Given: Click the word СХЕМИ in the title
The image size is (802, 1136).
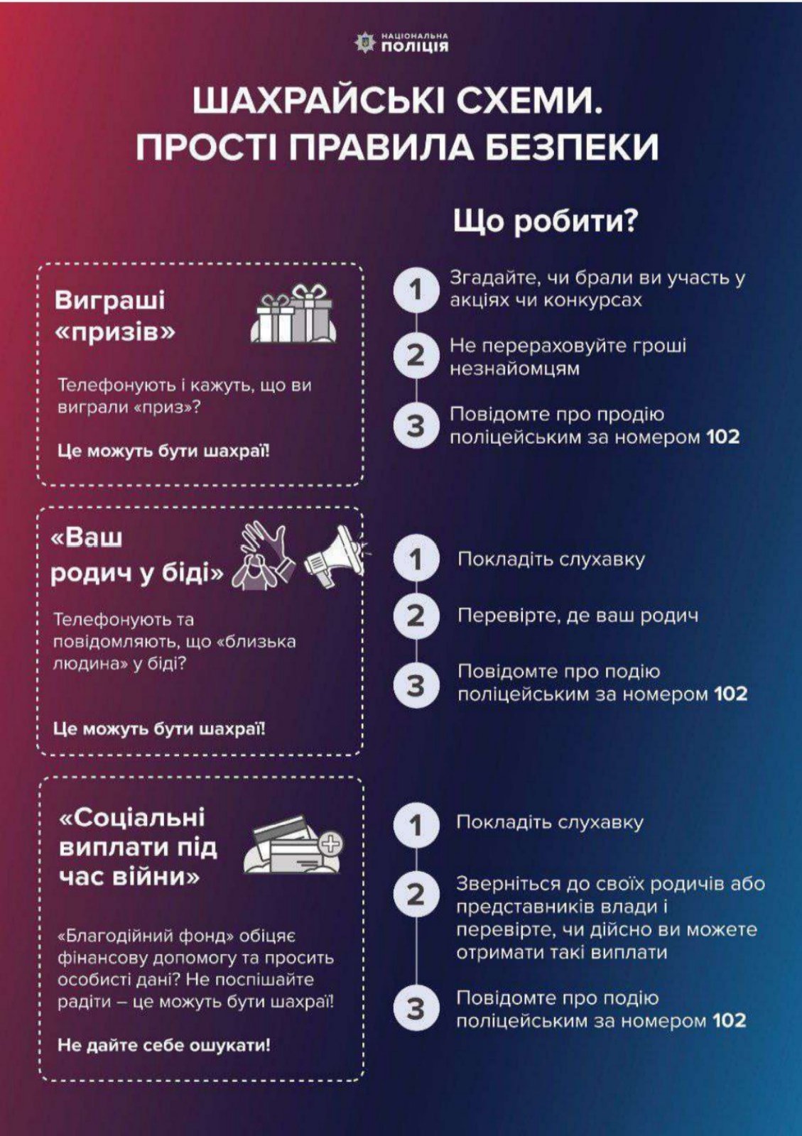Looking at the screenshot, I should tap(529, 101).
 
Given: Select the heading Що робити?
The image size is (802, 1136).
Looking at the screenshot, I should tap(545, 222).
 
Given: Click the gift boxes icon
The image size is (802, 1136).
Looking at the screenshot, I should tap(293, 315).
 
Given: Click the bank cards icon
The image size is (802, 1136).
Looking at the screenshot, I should tap(292, 845).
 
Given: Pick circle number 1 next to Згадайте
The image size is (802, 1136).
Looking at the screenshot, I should tap(416, 289).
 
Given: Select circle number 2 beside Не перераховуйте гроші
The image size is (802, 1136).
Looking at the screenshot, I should tap(416, 355).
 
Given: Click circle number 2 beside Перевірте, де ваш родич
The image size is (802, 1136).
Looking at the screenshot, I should tap(416, 615).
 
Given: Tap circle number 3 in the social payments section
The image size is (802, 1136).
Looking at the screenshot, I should tap(416, 1009).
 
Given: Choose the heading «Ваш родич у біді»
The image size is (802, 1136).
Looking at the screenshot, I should tap(135, 556).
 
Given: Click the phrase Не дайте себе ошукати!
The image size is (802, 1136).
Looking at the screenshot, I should tap(164, 1045).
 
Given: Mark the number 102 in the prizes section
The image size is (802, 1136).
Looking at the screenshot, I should tap(722, 437).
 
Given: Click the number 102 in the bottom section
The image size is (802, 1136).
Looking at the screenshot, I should tap(729, 1021).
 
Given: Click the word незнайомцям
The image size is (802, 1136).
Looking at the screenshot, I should tap(514, 368).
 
